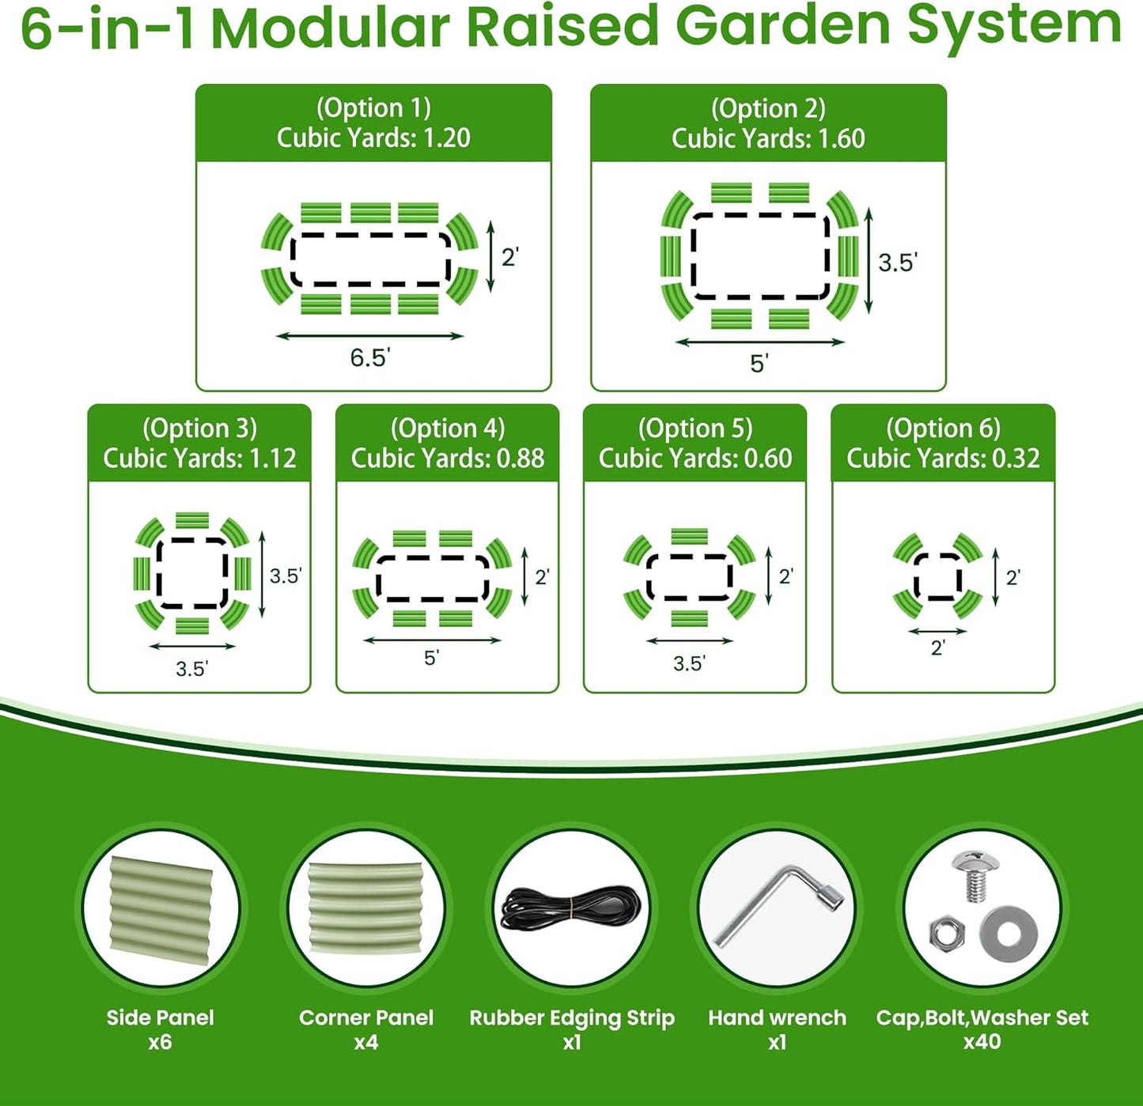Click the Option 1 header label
point(373,108)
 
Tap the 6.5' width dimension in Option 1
point(369,358)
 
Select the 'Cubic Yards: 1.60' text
point(768,138)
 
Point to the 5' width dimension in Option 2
point(759,364)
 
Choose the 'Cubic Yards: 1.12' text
point(199,458)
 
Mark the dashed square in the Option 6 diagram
point(938,576)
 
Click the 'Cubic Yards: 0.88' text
point(448,458)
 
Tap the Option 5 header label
point(695,428)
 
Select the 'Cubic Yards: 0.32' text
point(943,458)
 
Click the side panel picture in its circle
point(161,910)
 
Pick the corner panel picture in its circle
point(366,910)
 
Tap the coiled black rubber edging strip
point(571,910)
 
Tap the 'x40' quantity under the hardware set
point(982,1041)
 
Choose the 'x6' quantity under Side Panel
point(160,1042)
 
